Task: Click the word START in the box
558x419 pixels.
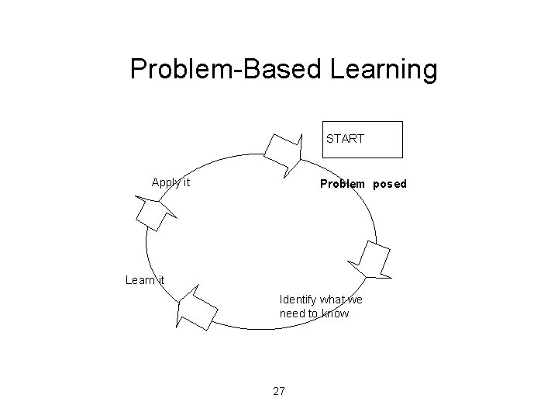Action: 345,139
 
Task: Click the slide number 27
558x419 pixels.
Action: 279,390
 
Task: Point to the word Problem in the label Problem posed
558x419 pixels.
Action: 343,185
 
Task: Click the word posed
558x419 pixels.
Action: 389,185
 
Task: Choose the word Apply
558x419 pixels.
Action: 165,183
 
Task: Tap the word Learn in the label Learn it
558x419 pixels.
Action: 140,280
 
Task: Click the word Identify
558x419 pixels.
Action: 297,300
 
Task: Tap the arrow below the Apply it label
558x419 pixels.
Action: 153,212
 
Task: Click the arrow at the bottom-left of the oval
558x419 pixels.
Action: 196,309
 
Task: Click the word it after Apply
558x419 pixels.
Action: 185,183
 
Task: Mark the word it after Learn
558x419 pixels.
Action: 160,280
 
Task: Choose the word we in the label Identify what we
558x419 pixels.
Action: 355,300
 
